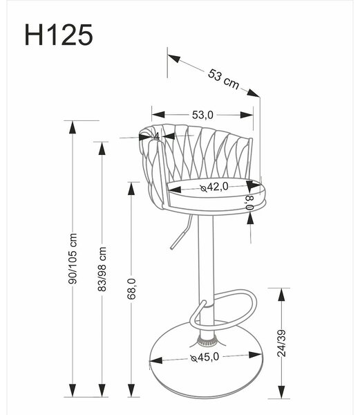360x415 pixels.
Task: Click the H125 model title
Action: [59, 35]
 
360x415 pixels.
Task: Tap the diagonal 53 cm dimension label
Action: [223, 79]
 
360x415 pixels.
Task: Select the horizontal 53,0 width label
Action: [202, 115]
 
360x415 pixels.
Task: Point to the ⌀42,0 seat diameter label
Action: [214, 187]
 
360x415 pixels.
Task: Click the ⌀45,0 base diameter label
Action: [205, 358]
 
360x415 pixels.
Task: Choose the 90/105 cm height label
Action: [72, 259]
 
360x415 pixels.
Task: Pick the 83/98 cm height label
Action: [102, 269]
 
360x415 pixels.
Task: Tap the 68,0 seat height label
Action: [131, 288]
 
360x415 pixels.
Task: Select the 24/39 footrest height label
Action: [282, 343]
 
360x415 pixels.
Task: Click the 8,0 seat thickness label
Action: [250, 203]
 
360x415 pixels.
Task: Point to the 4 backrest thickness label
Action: [156, 136]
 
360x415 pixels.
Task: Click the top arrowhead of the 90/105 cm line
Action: [72, 127]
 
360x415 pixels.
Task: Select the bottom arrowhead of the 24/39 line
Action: [282, 392]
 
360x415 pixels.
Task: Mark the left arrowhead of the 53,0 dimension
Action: [158, 115]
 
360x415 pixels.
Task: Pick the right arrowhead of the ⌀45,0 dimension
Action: [256, 356]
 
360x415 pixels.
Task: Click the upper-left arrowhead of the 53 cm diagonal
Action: [173, 58]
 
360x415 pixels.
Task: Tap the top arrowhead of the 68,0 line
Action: [131, 189]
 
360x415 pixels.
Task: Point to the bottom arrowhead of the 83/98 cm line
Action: [102, 390]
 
